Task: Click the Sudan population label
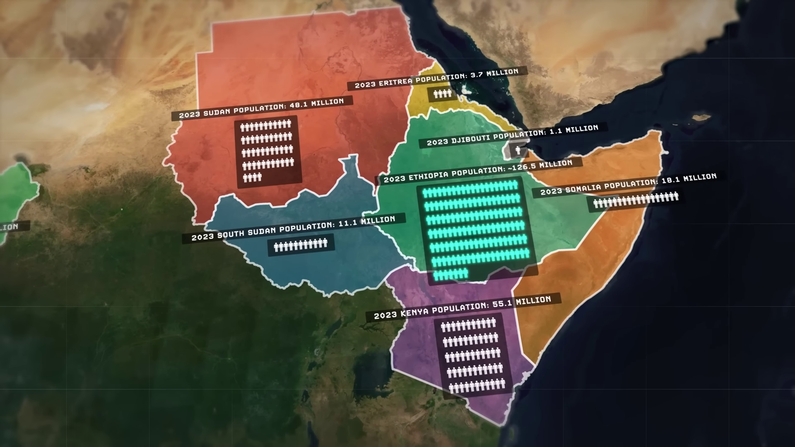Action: coord(262,108)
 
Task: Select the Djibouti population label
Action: coord(513,135)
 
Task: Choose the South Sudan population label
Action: coord(293,228)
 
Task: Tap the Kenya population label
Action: coord(463,307)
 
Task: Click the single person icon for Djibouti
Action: coord(518,150)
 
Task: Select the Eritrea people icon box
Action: coord(443,94)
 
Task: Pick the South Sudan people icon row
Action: coord(301,245)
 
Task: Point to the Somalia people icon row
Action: coord(636,200)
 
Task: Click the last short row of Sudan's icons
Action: coord(252,178)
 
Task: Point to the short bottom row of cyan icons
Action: coord(450,274)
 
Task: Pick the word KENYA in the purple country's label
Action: coord(415,312)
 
